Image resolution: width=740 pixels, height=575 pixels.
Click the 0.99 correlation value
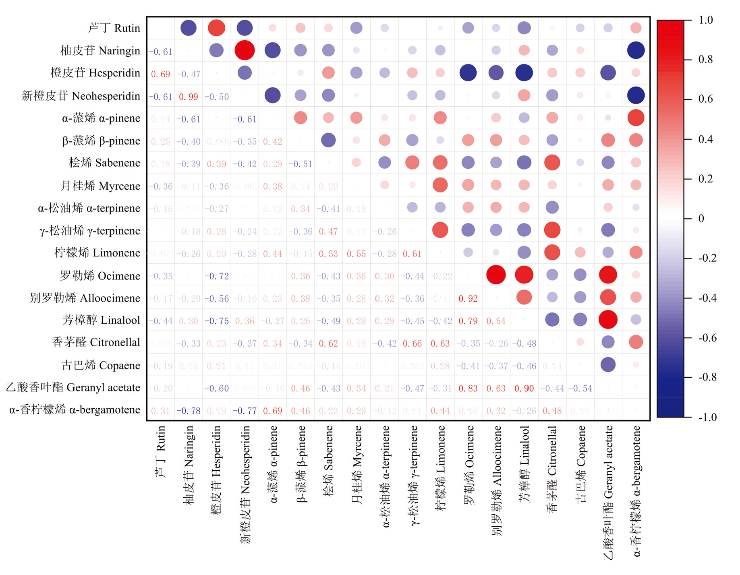click(x=188, y=97)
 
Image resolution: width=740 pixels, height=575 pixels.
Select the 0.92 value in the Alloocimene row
click(x=468, y=299)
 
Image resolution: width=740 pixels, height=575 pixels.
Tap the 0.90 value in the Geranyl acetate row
click(x=524, y=389)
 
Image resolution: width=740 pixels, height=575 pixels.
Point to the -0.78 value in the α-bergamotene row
click(x=188, y=411)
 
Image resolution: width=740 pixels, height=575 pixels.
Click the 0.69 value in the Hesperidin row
click(x=160, y=74)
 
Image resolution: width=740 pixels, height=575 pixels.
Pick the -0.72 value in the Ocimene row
click(x=216, y=276)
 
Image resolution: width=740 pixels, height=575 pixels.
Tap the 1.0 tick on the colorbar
click(x=705, y=20)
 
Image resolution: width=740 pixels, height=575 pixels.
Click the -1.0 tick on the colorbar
click(x=707, y=417)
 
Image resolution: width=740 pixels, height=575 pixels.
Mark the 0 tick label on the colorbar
click(x=701, y=219)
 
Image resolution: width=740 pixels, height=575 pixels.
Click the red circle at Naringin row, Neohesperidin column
click(x=245, y=50)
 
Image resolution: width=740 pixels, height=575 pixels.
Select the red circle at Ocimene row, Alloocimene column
click(x=496, y=275)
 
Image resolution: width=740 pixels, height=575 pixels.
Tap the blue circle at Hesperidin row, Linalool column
click(x=524, y=73)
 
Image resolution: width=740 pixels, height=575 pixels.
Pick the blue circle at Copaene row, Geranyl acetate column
click(x=608, y=364)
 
